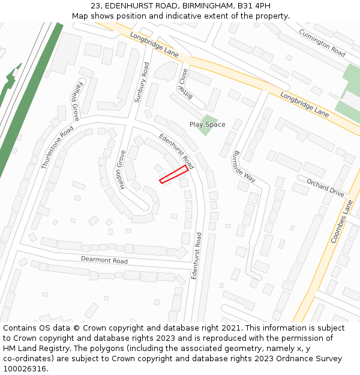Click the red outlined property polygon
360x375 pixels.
(x=173, y=175)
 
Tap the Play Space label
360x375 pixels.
(x=207, y=125)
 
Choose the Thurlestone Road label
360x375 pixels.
(x=57, y=148)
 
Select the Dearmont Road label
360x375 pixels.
(x=104, y=260)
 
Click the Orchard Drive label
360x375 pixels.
(x=325, y=187)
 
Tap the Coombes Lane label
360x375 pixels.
(x=342, y=221)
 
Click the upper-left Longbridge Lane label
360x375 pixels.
(x=154, y=45)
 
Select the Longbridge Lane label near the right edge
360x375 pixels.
(x=305, y=104)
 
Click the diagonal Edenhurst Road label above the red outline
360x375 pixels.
(x=176, y=151)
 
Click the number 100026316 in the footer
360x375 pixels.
(x=25, y=369)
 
